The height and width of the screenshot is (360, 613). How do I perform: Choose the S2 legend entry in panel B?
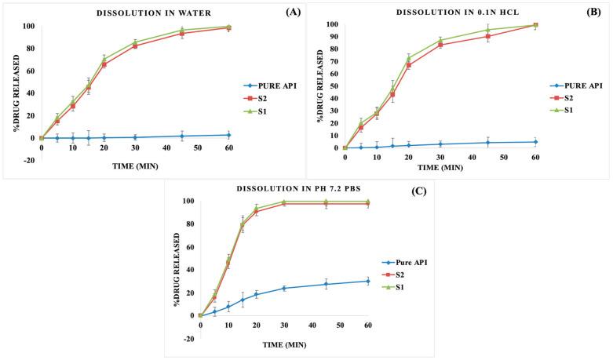tap(564, 97)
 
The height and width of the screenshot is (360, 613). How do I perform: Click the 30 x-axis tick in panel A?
tap(135, 147)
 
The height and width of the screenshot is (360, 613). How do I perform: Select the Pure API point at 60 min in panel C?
tap(368, 281)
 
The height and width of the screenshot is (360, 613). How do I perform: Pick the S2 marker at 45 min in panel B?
tap(487, 36)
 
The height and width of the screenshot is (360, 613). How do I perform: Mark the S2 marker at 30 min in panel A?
tap(135, 45)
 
